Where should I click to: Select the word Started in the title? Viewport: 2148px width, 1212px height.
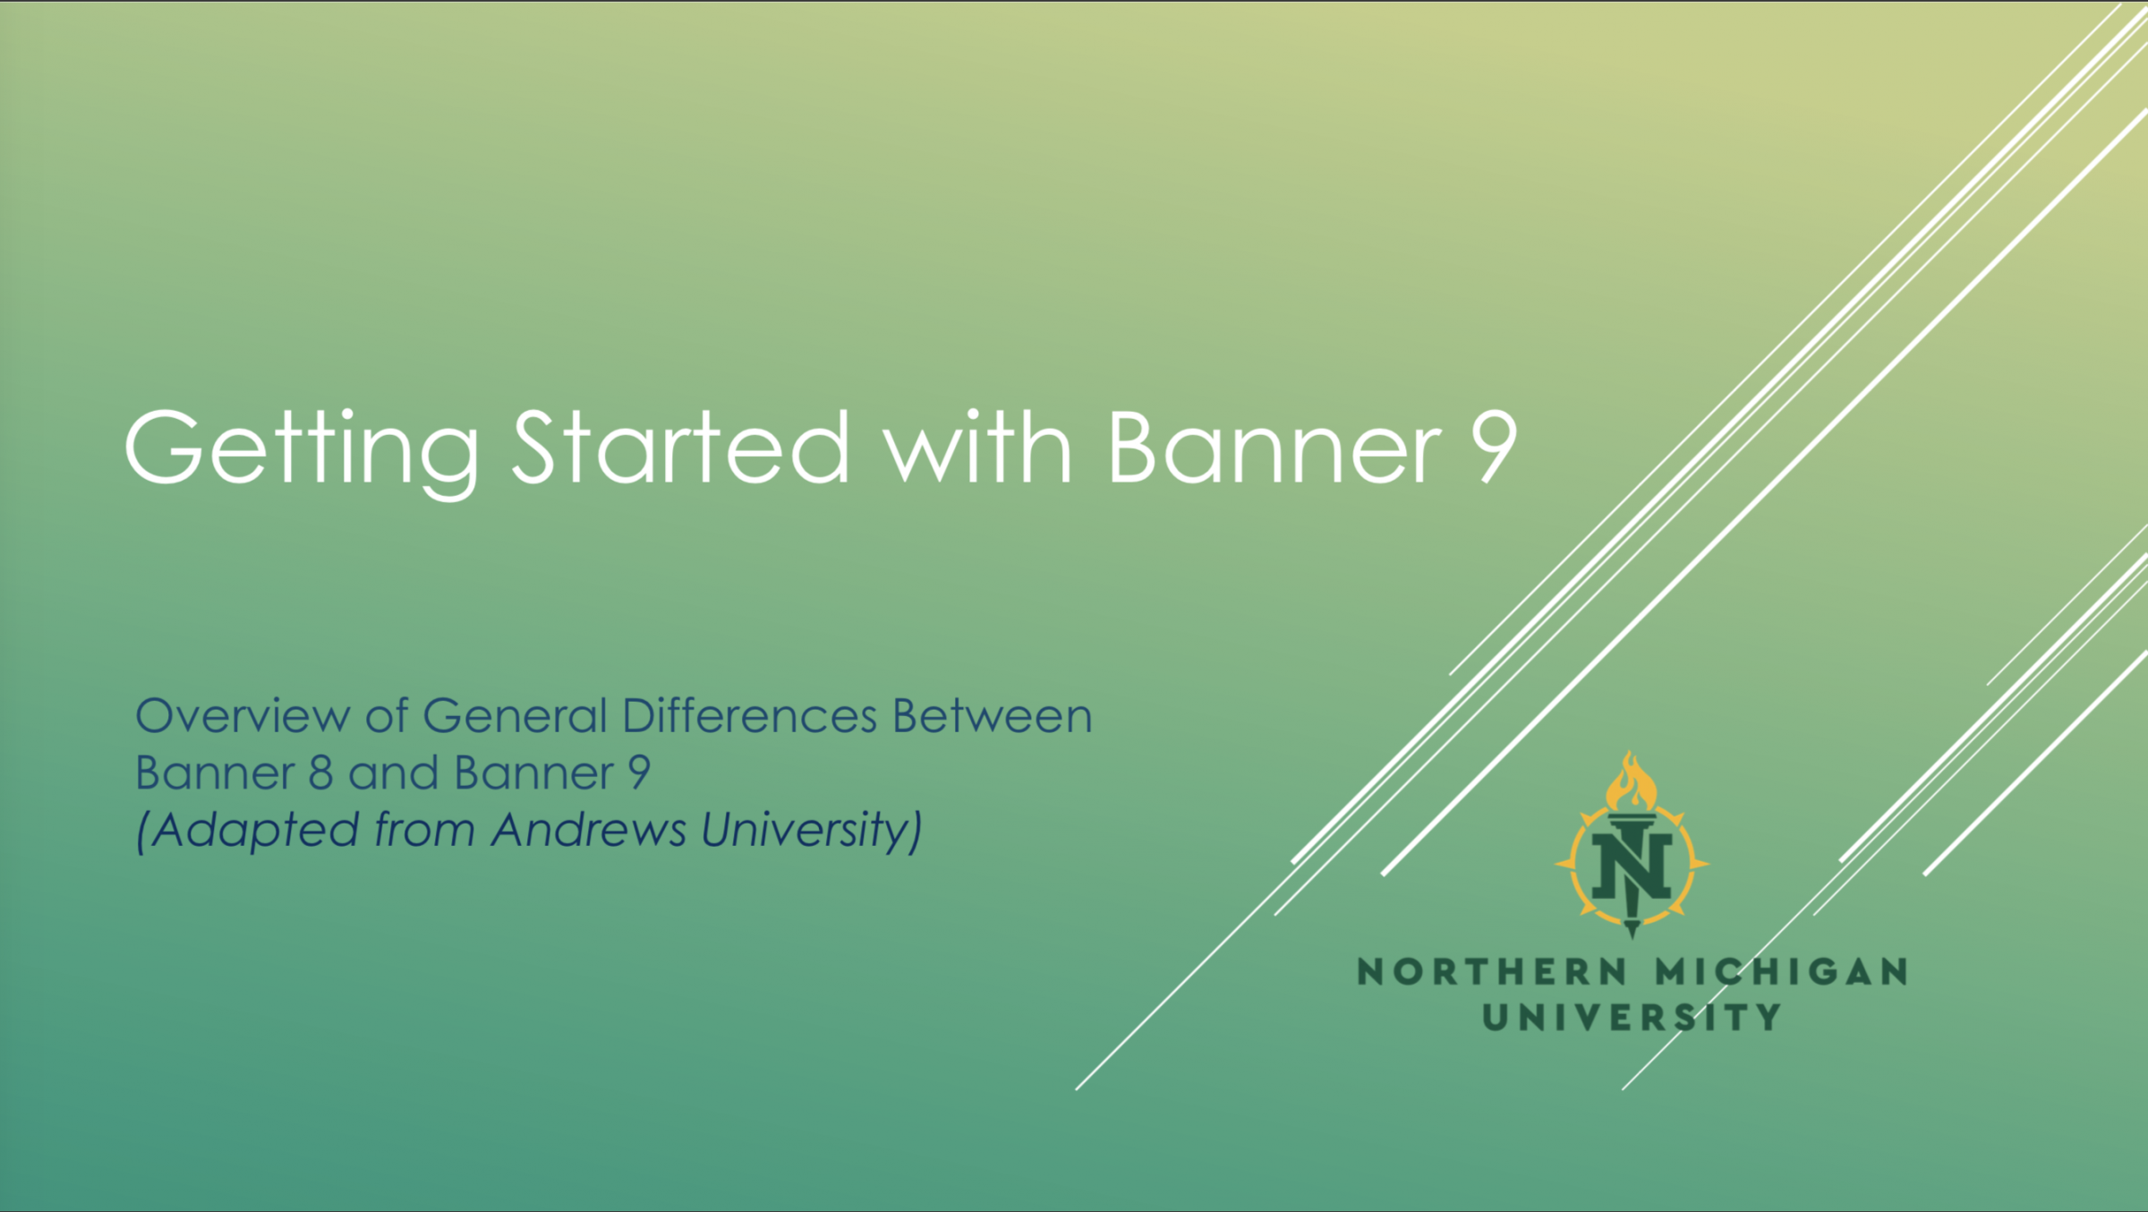click(x=679, y=447)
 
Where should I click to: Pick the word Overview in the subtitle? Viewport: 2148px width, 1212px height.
click(x=242, y=716)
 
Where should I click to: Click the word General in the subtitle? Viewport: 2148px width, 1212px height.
click(x=514, y=716)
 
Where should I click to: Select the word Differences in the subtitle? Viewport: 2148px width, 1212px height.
click(x=749, y=716)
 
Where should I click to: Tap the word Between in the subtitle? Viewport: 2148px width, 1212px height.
click(x=992, y=716)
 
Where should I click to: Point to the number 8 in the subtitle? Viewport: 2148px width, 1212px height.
click(x=321, y=772)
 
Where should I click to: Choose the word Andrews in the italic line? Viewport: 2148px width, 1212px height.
click(x=589, y=829)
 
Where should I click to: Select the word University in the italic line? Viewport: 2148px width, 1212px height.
click(x=805, y=831)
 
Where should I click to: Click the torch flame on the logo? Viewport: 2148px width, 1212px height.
click(x=1631, y=782)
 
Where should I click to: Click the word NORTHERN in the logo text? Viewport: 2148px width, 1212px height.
click(x=1492, y=972)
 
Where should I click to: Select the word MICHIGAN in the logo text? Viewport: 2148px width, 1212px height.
click(x=1781, y=972)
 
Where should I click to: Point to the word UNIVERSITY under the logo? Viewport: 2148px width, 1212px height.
click(x=1632, y=1017)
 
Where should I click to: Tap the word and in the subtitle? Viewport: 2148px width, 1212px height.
click(x=393, y=772)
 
